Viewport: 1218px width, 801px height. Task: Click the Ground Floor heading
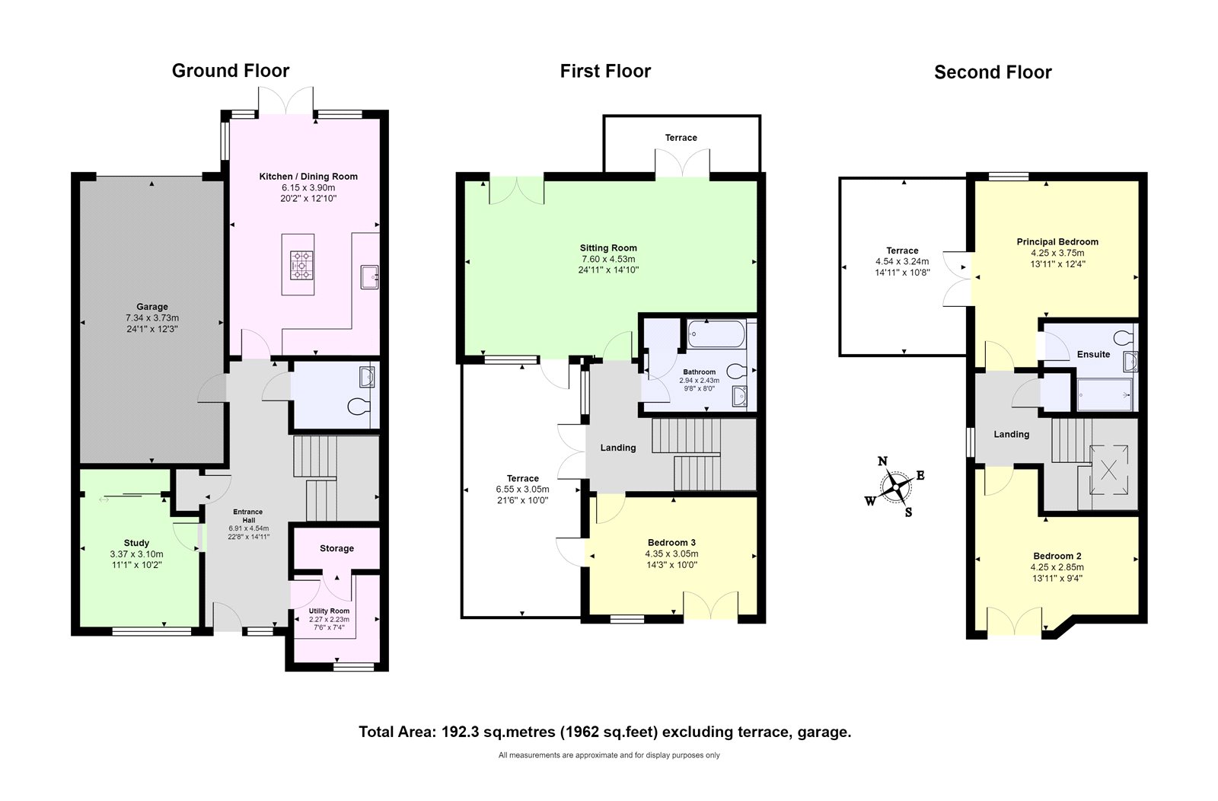click(x=231, y=71)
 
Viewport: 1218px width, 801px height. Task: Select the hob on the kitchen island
click(x=301, y=265)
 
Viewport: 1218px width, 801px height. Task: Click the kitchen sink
click(x=370, y=277)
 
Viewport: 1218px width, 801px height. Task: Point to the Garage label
click(x=152, y=307)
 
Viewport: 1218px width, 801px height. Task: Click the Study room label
click(x=136, y=543)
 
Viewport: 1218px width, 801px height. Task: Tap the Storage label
click(x=336, y=548)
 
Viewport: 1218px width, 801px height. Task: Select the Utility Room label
click(x=329, y=611)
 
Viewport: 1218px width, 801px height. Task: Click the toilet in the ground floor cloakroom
click(x=359, y=407)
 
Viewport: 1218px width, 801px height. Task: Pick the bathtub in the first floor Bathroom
click(x=716, y=334)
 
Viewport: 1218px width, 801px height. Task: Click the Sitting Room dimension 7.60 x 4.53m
click(x=608, y=259)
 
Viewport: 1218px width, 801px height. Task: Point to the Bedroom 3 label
click(x=671, y=542)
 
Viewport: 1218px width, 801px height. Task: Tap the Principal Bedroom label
click(x=1057, y=242)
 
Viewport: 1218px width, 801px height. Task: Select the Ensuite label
click(x=1093, y=355)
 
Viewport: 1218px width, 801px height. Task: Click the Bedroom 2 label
click(x=1057, y=556)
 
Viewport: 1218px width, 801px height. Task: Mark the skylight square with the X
click(x=1108, y=469)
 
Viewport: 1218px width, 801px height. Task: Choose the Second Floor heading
click(x=993, y=72)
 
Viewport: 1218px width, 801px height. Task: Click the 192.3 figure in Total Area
click(x=460, y=732)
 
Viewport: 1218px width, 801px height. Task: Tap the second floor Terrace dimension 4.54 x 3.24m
click(x=902, y=262)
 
